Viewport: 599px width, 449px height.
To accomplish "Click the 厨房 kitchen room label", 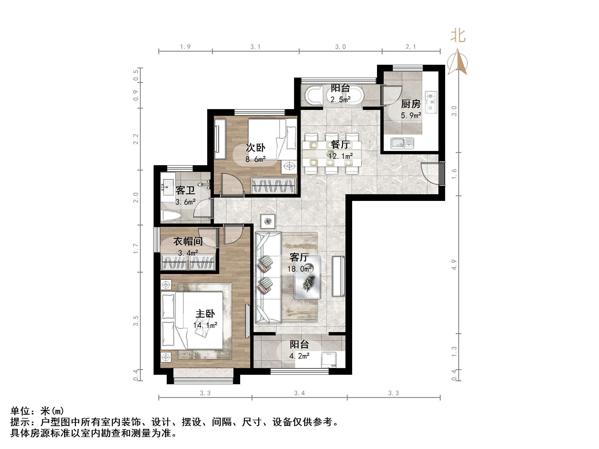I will coord(411,104).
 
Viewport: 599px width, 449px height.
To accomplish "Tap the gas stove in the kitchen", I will coord(431,102).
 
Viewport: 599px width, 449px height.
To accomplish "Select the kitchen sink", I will coord(402,143).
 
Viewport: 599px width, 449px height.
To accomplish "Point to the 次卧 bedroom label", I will coord(255,148).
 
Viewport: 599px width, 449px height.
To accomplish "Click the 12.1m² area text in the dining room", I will coord(340,156).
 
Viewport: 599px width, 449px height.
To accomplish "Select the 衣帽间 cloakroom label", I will coord(188,241).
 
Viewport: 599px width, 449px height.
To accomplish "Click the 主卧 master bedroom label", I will coord(205,314).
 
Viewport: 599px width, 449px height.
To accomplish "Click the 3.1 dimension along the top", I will coord(255,47).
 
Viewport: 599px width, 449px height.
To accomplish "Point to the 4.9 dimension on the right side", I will coord(454,265).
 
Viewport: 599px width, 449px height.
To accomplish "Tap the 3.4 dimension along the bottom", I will coord(299,393).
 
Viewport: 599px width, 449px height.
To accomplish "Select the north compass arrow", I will coord(457,62).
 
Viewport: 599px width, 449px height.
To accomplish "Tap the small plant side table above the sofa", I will coord(268,221).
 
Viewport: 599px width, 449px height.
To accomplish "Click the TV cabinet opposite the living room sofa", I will coord(338,276).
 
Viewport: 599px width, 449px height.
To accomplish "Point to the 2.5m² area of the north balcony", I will coord(340,99).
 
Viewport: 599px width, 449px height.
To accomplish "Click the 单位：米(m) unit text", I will coord(37,411).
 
